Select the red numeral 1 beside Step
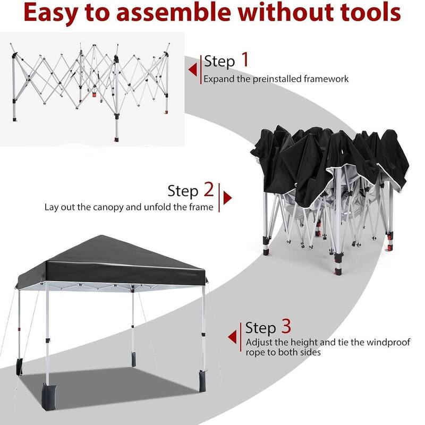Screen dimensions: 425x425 [x=244, y=60]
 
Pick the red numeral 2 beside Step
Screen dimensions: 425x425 [x=209, y=190]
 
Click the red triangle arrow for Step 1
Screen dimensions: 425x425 [x=192, y=70]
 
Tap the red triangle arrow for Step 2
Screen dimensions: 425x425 [x=227, y=198]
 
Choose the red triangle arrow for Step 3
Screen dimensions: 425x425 [x=232, y=336]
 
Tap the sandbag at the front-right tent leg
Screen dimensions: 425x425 [x=204, y=381]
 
